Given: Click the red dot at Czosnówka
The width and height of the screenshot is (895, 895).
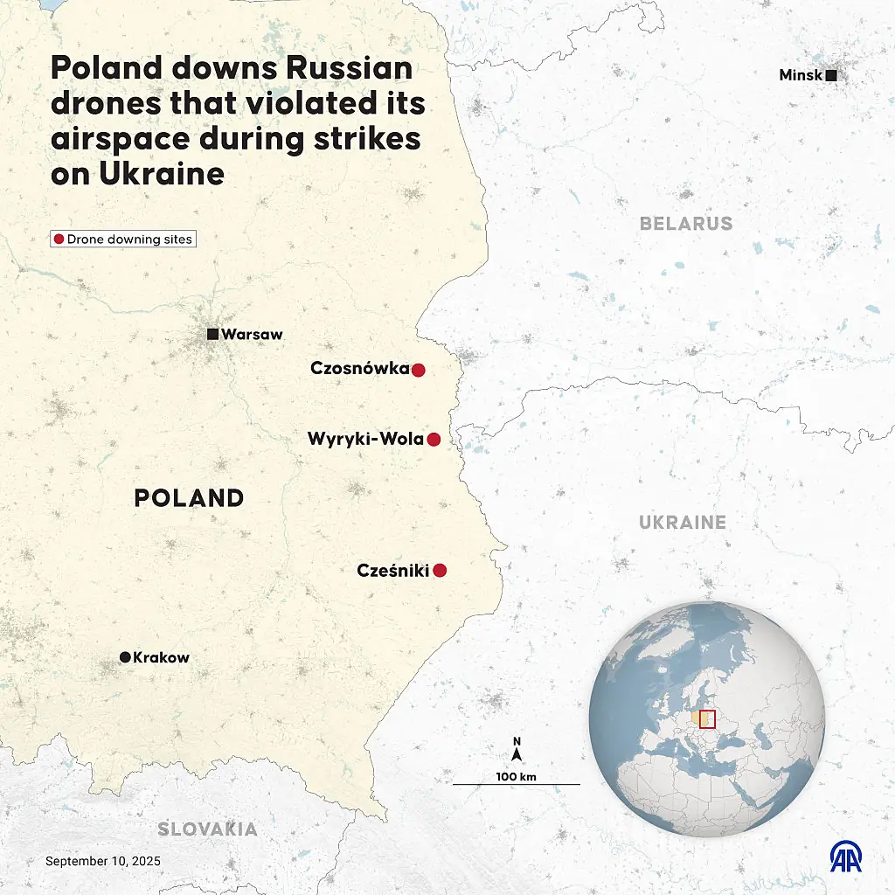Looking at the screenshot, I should click(418, 370).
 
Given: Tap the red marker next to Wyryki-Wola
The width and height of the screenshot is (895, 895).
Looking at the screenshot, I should click(434, 440).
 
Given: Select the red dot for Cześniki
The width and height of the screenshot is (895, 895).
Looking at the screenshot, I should click(440, 571).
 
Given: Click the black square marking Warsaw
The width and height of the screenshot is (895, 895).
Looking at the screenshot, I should click(212, 334).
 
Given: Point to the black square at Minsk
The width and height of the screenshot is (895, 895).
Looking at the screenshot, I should click(831, 76).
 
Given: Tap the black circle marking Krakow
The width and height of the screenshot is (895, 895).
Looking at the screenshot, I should click(125, 657).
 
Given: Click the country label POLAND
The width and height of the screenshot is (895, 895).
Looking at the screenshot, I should click(189, 498).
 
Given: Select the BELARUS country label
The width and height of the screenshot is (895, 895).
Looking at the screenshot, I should click(686, 224).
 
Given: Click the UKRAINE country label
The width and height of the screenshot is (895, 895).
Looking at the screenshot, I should click(682, 523).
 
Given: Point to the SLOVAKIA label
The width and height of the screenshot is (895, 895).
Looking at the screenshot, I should click(207, 829).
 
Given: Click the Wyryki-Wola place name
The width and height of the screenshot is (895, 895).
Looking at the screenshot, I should click(365, 440).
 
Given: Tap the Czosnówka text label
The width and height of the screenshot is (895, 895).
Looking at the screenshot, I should click(360, 369).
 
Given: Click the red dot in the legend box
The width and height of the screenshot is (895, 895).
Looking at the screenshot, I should click(59, 239).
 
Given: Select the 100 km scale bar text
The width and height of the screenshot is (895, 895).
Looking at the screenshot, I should click(516, 776).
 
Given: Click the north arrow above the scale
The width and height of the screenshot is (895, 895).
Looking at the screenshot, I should click(517, 749).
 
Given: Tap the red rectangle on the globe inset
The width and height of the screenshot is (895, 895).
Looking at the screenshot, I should click(708, 718).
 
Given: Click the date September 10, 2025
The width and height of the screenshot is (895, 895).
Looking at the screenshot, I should click(103, 861).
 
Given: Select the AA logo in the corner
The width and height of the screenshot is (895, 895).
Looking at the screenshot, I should click(845, 857).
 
